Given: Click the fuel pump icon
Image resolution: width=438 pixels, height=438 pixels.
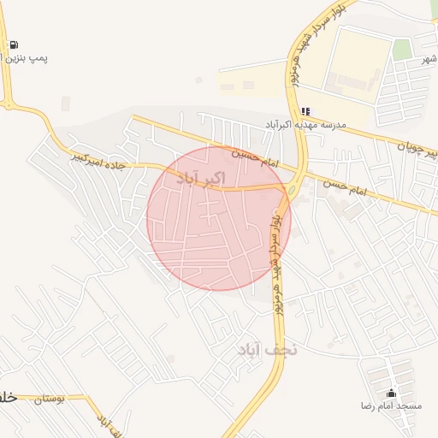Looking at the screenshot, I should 14,44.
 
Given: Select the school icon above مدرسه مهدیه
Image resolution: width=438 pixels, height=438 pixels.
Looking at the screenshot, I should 305,111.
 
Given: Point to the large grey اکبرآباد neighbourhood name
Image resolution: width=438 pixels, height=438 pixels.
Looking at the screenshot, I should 201,178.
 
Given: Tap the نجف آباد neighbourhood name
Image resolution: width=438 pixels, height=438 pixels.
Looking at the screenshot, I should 266,349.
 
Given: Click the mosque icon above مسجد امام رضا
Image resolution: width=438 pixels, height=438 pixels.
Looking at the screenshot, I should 392,393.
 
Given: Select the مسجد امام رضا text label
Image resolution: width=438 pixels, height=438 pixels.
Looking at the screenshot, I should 393,405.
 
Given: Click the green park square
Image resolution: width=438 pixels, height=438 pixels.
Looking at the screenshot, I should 402,49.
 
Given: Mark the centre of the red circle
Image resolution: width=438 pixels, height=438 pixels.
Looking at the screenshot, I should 219,218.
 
